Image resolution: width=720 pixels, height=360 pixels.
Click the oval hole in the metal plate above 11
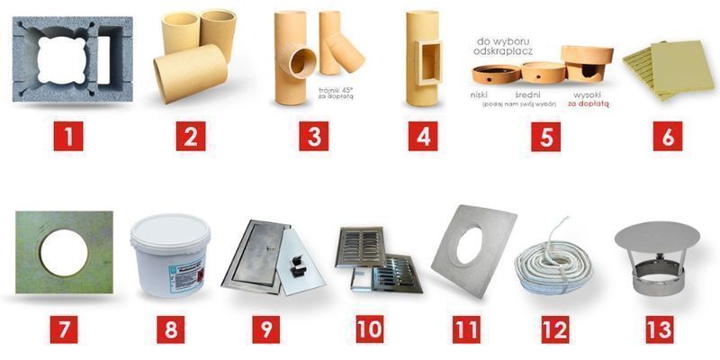click(469, 246)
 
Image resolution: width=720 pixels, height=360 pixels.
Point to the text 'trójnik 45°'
click(337, 91)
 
